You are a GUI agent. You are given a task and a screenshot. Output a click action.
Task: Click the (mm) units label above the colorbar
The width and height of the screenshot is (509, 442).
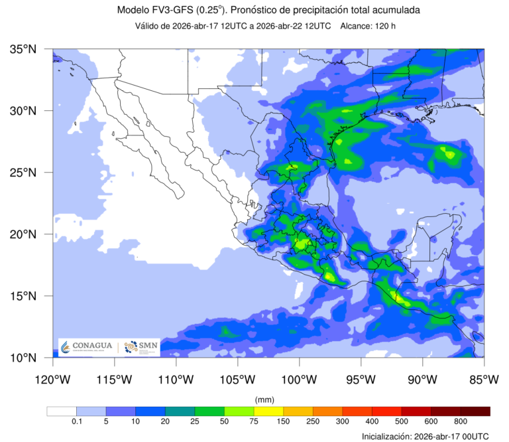pos(264,400)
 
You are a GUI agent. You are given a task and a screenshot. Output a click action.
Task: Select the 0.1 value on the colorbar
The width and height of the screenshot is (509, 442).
pos(76,421)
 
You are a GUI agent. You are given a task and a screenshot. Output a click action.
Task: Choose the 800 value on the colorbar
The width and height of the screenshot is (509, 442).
pos(461,421)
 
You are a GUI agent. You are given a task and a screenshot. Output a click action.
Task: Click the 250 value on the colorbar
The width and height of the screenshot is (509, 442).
pos(313,421)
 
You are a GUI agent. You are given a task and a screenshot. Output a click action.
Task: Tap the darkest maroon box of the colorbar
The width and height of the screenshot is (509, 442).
pos(475,411)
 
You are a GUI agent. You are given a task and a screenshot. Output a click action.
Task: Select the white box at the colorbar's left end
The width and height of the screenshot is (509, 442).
pos(62,411)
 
